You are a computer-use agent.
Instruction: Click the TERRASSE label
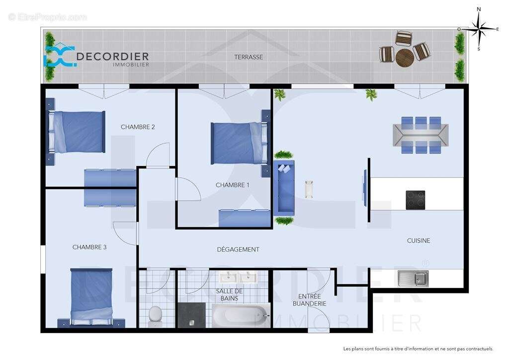(x=249, y=57)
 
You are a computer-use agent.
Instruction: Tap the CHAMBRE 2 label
(x=138, y=127)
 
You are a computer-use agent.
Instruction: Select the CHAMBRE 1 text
(x=232, y=185)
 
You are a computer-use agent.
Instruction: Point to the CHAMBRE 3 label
(x=89, y=247)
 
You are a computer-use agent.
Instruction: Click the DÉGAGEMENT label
(x=238, y=250)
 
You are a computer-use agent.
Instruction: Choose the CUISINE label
(x=419, y=241)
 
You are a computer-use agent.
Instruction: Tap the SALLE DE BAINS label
(x=229, y=295)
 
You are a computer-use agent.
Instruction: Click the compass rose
(x=479, y=29)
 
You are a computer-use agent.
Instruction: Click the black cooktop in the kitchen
(x=415, y=200)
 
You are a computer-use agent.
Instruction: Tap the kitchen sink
(x=413, y=278)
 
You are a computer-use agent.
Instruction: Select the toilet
(x=156, y=314)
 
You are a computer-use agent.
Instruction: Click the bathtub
(x=241, y=315)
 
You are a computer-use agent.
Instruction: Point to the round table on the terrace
(x=405, y=58)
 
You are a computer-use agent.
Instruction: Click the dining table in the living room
(x=421, y=135)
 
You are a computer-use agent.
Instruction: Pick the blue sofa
(x=284, y=188)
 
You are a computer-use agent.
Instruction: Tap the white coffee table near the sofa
(x=309, y=189)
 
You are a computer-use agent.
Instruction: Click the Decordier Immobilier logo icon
(x=59, y=57)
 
